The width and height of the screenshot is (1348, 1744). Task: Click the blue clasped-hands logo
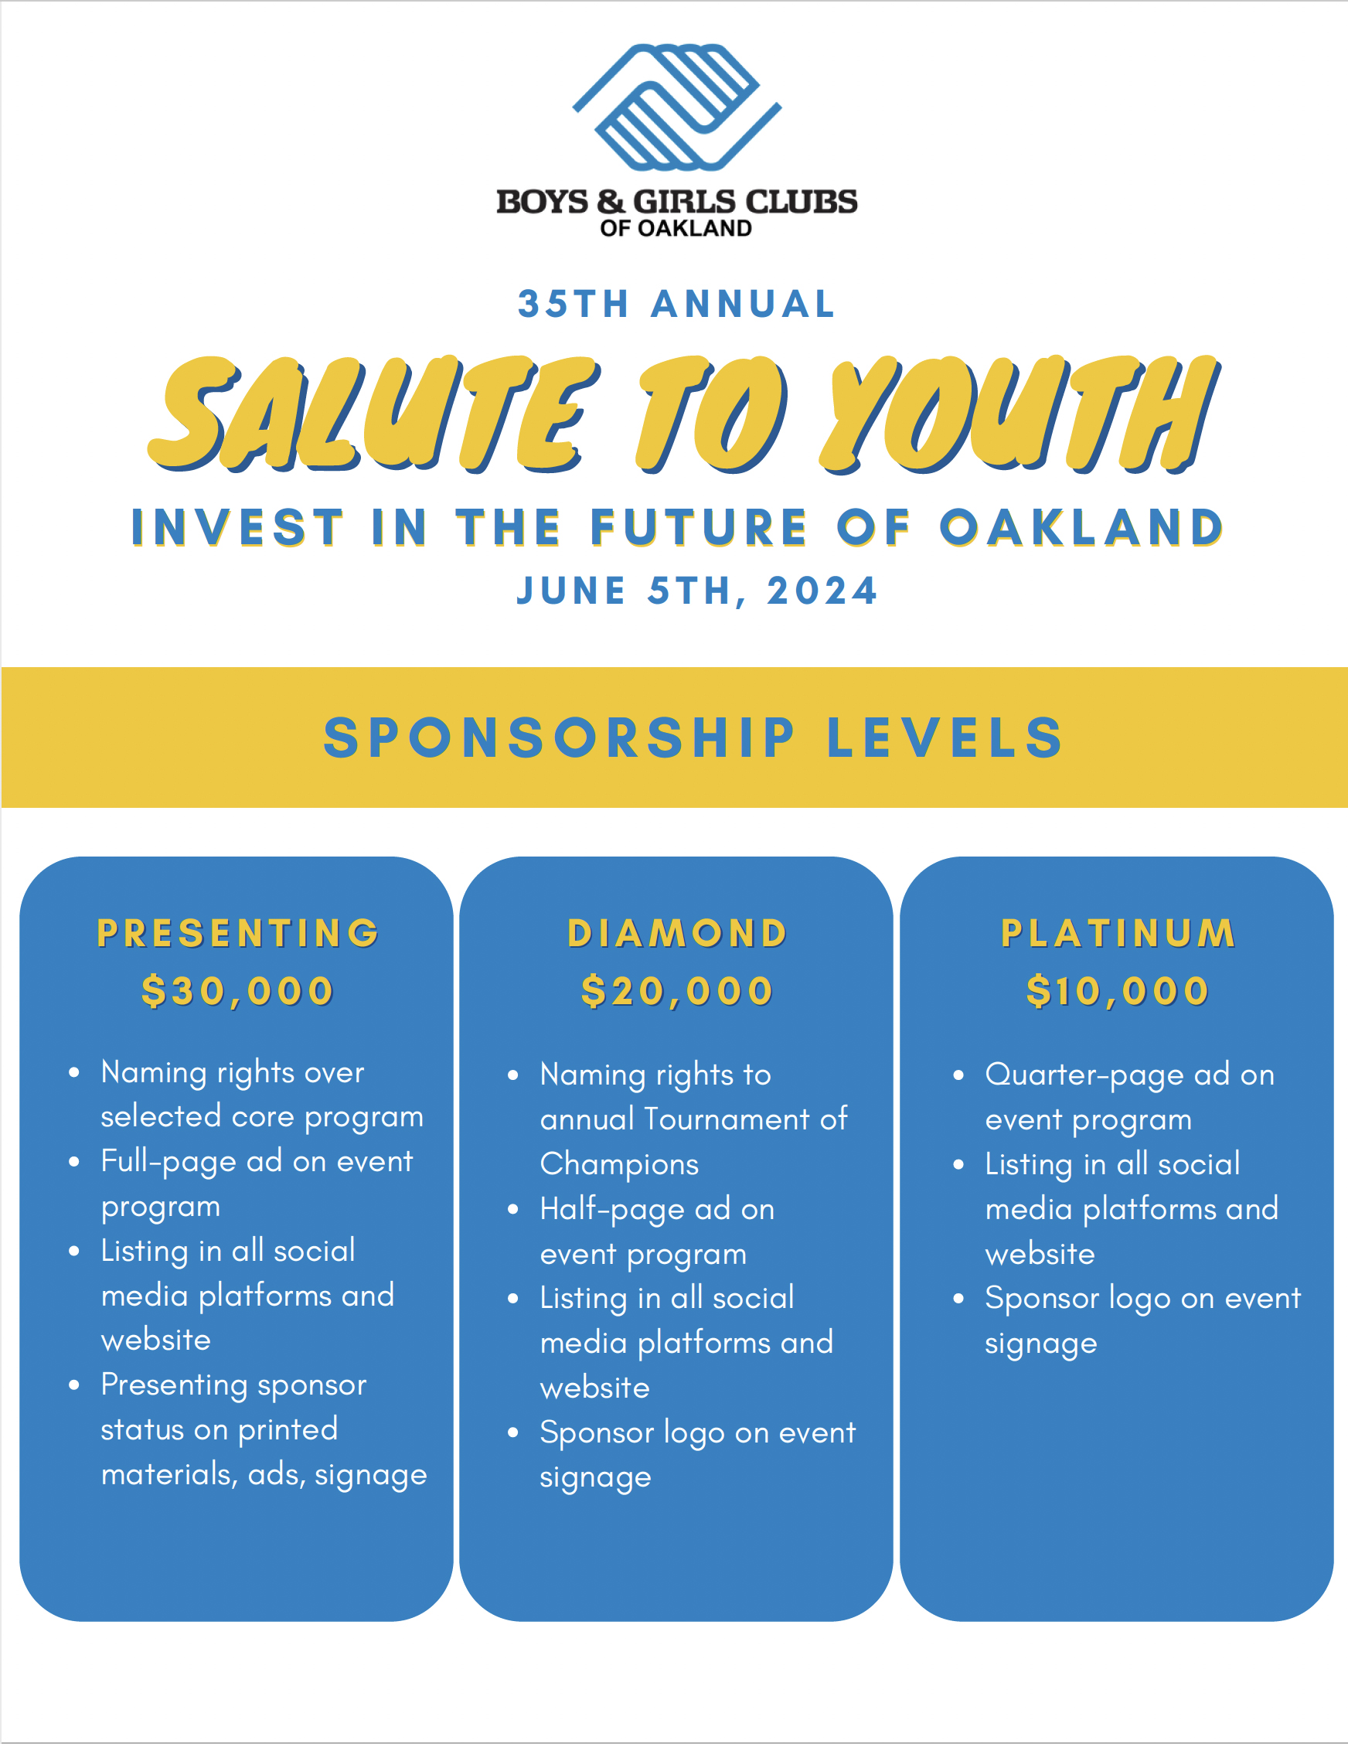677,107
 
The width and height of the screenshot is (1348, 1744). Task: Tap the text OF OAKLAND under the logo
676,228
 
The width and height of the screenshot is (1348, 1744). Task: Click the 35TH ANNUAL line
676,305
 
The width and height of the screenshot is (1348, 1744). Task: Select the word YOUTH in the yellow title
1020,414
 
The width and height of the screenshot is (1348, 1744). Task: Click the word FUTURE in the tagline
700,528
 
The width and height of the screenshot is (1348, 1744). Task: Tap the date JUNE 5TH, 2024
697,591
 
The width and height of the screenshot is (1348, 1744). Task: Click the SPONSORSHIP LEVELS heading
693,737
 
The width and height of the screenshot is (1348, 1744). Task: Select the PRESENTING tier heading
238,933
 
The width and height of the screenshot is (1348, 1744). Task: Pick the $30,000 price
237,992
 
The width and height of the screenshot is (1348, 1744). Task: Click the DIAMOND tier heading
677,934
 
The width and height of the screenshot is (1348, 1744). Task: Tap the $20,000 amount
677,992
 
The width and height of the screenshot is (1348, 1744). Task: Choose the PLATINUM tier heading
1118,934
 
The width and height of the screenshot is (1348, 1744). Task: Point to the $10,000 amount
1118,992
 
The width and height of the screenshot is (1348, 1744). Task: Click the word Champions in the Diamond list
620,1165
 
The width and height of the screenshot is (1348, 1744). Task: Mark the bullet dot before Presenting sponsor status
74,1385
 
